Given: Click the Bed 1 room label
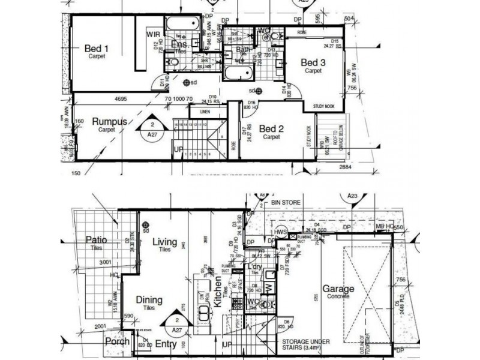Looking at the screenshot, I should tap(97, 49).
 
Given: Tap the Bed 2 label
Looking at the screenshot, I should tap(271, 128).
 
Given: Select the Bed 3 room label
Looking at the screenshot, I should tap(313, 62).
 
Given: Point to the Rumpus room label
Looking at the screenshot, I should tap(110, 121).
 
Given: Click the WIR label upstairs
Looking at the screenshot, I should tap(153, 35).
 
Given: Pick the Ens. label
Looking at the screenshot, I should tap(180, 45).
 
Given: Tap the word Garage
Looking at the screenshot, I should tap(338, 288).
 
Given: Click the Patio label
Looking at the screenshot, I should tap(95, 240).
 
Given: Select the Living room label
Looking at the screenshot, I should tap(164, 242).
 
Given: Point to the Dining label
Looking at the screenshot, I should tap(149, 299).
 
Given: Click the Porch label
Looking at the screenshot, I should tap(117, 342).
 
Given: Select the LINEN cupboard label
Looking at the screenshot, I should tap(206, 112).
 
